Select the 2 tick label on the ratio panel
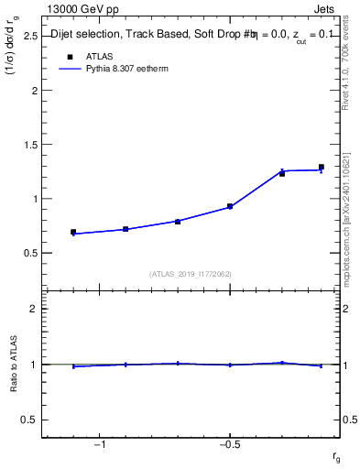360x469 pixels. tap(32, 310)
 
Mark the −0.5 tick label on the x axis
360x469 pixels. tap(228, 444)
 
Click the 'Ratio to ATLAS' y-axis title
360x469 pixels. tap(15, 365)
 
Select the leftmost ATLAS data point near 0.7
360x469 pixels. tap(73, 233)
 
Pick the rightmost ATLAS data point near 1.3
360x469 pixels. tap(322, 168)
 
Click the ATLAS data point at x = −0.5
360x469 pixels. tap(230, 207)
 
